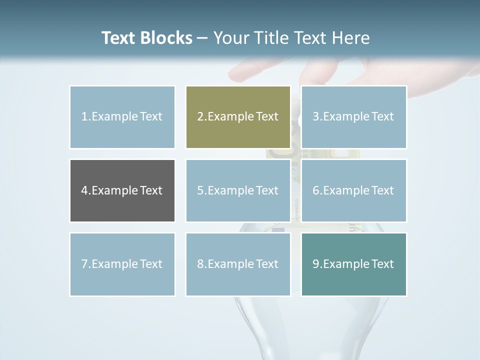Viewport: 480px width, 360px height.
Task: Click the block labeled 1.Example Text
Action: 122,117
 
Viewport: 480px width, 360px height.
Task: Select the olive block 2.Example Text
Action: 238,117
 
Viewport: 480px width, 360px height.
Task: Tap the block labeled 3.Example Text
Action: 353,117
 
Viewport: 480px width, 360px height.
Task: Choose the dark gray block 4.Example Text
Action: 122,190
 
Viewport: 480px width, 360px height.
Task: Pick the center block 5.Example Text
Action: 238,190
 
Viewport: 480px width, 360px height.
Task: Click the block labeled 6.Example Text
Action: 353,190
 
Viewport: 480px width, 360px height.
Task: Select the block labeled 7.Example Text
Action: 122,264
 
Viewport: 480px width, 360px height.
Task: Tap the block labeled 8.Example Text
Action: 238,264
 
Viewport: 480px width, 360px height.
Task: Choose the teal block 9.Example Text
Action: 353,264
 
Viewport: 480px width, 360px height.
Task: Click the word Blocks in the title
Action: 167,38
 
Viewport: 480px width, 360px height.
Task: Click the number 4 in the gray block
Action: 84,190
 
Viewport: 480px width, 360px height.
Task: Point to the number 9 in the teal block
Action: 315,264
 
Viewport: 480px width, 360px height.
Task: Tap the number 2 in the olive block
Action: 200,117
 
